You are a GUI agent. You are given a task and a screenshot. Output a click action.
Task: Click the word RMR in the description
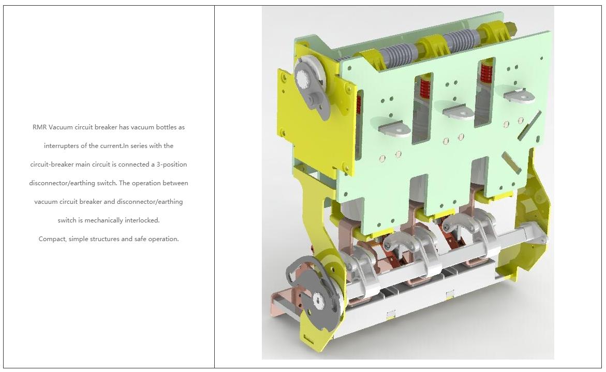pos(39,127)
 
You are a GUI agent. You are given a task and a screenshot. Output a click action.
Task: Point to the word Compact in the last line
pos(53,239)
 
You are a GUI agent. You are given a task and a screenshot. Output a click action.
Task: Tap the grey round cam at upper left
pos(307,79)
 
